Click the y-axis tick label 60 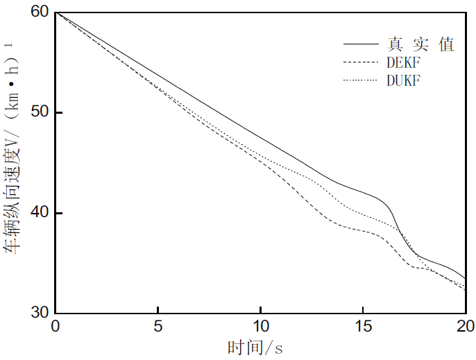(40, 12)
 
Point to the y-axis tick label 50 (40, 112)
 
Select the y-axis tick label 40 (40, 213)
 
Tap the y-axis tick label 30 (40, 313)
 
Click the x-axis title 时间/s (255, 347)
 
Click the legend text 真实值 (420, 44)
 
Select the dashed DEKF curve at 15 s (363, 230)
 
